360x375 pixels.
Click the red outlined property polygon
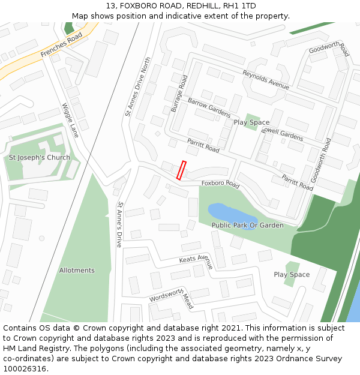pos(181,170)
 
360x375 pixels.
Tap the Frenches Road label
pos(61,46)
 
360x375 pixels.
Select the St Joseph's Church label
pos(39,158)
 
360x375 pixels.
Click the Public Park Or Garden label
pos(247,226)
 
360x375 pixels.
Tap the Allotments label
pos(77,271)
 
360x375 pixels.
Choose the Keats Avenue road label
pos(196,260)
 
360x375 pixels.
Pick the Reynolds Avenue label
pos(266,80)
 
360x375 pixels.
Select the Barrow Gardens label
pos(209,107)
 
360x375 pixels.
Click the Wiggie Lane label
pos(70,120)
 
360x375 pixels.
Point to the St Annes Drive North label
pos(138,87)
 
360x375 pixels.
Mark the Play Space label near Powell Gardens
pos(251,122)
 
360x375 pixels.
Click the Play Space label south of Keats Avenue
pos(292,275)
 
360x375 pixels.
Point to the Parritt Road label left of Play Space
pos(203,145)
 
